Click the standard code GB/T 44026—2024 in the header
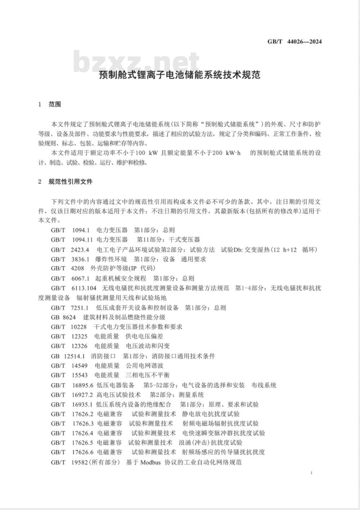tap(294, 41)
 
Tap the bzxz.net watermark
tap(136, 62)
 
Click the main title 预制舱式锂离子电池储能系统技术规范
tap(180, 76)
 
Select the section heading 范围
tap(55, 104)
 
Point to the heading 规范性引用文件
tap(71, 182)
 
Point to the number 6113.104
tap(84, 288)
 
